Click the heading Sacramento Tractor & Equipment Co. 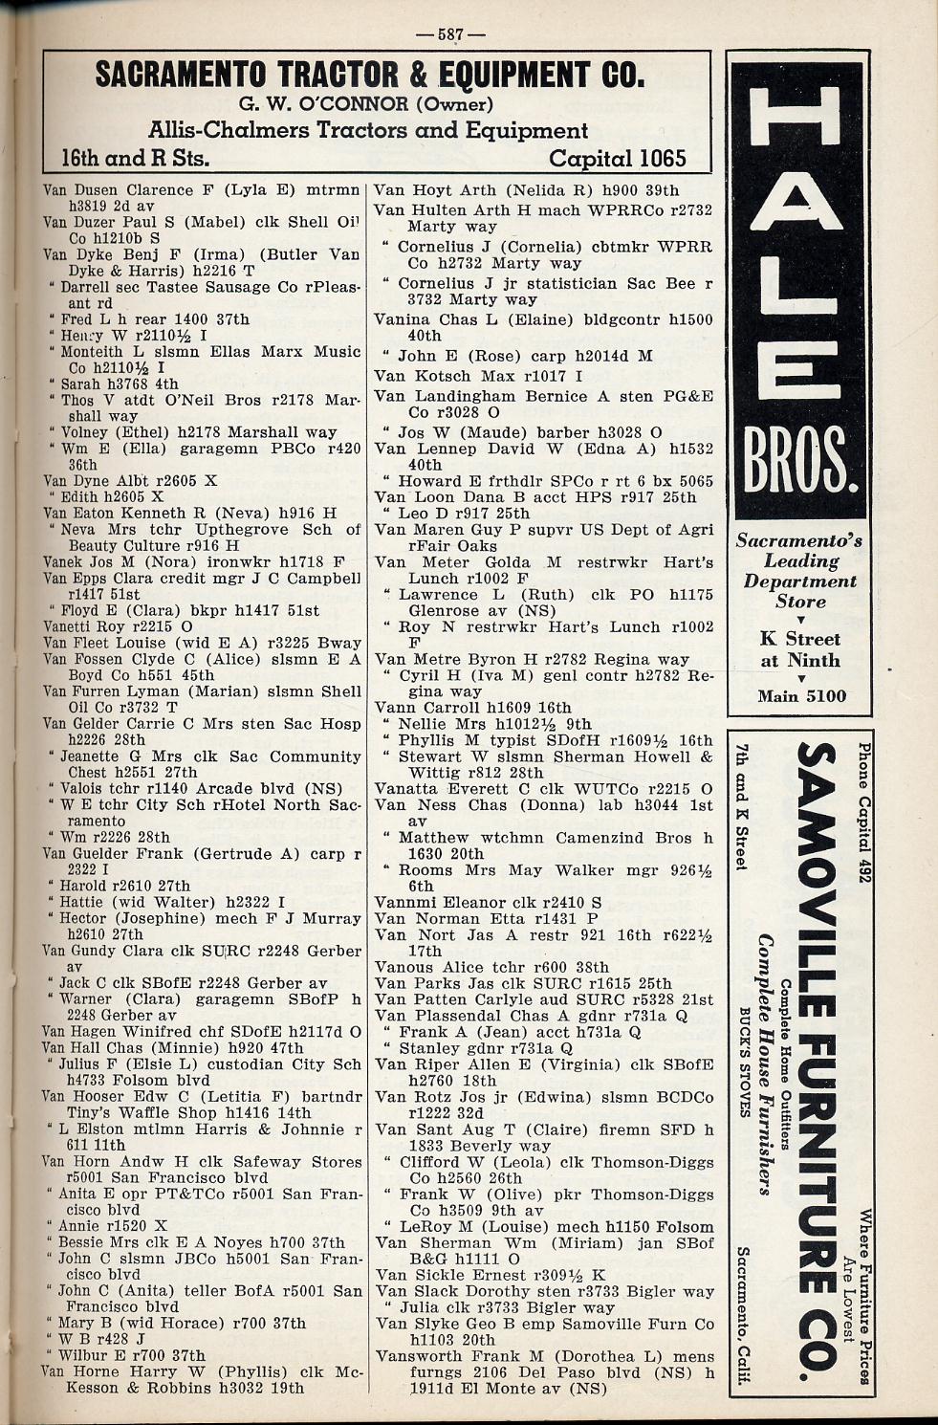click(371, 75)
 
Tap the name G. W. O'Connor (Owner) click(367, 103)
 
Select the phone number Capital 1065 click(618, 158)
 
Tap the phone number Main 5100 click(801, 695)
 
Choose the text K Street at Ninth click(800, 649)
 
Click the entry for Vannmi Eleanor click(488, 902)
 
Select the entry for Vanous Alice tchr click(491, 967)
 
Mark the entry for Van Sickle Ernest click(491, 1275)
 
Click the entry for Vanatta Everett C click(543, 789)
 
